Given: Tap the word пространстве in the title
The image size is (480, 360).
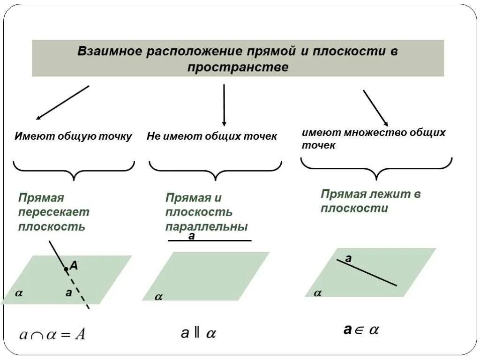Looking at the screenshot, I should [238, 67].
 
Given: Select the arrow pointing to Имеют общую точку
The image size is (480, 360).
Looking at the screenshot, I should [62, 102].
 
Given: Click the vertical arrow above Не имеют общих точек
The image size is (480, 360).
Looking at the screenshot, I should [224, 105].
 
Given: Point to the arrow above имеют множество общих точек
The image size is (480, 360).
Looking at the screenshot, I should [375, 108].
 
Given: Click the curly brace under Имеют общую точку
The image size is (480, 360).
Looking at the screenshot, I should [74, 170].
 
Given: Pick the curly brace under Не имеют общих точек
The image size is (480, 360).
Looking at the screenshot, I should [216, 171].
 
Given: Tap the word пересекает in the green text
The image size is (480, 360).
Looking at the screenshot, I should [53, 212].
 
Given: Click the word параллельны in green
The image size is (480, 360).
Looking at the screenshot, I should [206, 227].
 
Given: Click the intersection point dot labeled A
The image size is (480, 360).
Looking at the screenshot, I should [66, 269].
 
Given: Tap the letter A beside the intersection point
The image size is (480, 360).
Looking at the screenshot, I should [74, 266].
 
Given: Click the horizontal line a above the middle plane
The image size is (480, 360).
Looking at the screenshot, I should [210, 240].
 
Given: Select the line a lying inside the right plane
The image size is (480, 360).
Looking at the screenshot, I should [367, 272].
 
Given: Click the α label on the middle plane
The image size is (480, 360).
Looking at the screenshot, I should [158, 297].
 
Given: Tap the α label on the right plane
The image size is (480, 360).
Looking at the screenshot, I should [318, 293].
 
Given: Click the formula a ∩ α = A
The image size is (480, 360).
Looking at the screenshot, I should [52, 335].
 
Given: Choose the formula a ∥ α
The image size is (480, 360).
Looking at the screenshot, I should [198, 333].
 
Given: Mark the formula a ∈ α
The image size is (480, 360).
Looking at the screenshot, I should [361, 330].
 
